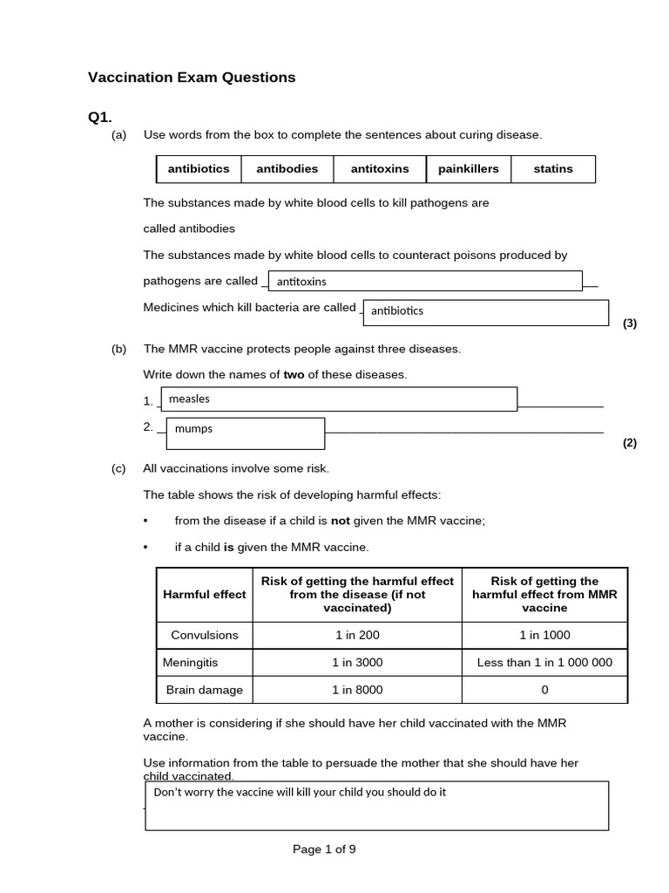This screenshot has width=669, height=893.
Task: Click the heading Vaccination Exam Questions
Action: (x=192, y=78)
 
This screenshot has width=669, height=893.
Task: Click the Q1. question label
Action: (x=100, y=117)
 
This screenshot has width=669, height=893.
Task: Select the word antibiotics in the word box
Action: (x=199, y=169)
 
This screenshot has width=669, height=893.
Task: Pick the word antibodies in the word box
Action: (x=287, y=169)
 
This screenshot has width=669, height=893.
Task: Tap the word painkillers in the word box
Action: (x=469, y=169)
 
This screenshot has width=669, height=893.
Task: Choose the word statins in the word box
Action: (x=553, y=169)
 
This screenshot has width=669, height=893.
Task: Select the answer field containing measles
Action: (x=341, y=399)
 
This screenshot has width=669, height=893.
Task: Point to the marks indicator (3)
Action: (x=630, y=324)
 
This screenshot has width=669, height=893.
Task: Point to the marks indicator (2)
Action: (x=630, y=442)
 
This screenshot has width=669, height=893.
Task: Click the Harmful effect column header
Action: (x=205, y=594)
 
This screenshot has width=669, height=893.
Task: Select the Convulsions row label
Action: (x=205, y=635)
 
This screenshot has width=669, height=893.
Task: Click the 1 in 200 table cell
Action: (x=357, y=635)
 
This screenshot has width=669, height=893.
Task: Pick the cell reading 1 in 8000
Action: (x=357, y=690)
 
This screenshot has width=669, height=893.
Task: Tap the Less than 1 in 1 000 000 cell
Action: (x=544, y=662)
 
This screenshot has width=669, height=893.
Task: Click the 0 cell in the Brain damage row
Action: (x=544, y=690)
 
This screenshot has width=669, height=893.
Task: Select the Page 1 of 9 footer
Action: (x=324, y=849)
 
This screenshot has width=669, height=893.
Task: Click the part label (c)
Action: (x=119, y=468)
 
